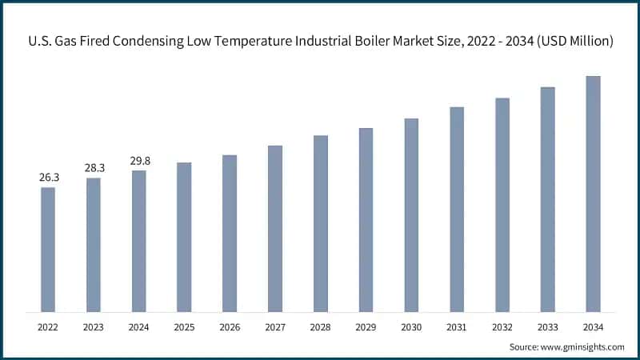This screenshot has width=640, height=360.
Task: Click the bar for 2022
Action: [x=48, y=250]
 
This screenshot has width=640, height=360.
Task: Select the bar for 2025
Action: [x=184, y=237]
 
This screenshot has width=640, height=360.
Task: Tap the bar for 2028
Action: [x=320, y=223]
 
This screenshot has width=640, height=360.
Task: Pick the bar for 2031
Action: [x=457, y=209]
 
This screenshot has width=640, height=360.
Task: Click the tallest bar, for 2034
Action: [x=593, y=194]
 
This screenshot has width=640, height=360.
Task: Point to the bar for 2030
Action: [x=411, y=214]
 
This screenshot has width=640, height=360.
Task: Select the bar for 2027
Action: [x=275, y=228]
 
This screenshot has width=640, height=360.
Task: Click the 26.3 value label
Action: [x=48, y=177]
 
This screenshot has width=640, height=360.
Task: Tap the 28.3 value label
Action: [x=94, y=167]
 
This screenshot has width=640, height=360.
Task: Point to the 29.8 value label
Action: [x=139, y=161]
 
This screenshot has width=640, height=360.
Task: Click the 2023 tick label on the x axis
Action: [x=94, y=327]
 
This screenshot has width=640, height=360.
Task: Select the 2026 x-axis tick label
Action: [x=230, y=327]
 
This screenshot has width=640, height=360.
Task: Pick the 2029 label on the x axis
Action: [x=366, y=327]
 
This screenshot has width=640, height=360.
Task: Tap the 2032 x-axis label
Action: [x=502, y=327]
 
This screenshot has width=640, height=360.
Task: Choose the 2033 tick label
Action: [x=547, y=327]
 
